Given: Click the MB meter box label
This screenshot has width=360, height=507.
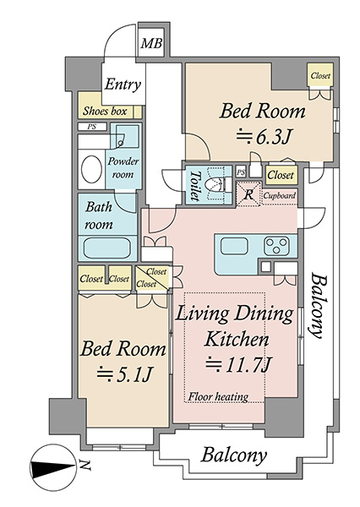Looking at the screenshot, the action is (151, 43).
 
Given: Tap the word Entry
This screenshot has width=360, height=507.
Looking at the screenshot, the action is (123, 84).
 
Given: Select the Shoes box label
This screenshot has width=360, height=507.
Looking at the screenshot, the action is (105, 112).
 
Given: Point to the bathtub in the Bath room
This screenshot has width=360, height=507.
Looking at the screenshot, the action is (107, 248).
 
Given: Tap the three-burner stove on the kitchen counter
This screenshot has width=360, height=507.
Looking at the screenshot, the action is (276, 246).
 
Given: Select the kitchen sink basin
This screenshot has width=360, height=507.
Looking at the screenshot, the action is (234, 247).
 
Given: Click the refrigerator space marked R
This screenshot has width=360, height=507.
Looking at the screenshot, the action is (248, 194).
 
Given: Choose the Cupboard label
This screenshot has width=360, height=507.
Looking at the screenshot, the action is (279, 196).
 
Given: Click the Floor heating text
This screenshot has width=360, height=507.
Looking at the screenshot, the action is (218, 396).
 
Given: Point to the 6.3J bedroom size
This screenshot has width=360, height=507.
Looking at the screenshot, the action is (264, 138).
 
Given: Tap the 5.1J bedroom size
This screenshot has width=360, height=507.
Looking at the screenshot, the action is (124, 374).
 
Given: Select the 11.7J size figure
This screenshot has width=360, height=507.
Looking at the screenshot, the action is (238, 364).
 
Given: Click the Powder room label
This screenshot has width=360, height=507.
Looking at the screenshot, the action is (123, 168).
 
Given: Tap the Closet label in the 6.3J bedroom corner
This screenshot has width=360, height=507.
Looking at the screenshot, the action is (320, 76).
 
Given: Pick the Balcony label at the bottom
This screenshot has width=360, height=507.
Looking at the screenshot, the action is (234, 455).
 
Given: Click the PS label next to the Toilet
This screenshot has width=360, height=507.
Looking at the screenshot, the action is (241, 172).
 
